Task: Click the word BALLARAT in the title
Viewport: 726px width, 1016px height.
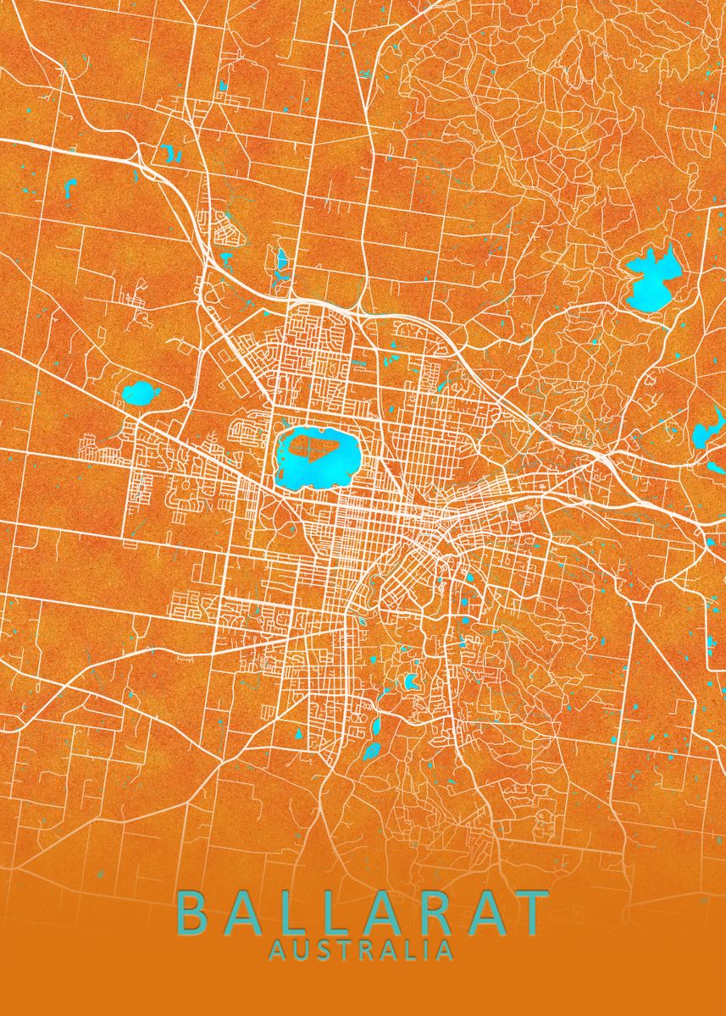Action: (x=363, y=912)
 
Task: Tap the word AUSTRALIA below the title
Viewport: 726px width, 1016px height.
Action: (x=361, y=950)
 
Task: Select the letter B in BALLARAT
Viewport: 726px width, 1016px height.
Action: (x=193, y=912)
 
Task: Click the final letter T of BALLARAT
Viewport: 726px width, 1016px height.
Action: (x=532, y=912)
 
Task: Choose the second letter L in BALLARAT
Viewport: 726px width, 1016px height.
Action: (x=335, y=912)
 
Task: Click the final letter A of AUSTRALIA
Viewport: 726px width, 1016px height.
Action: (x=443, y=950)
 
